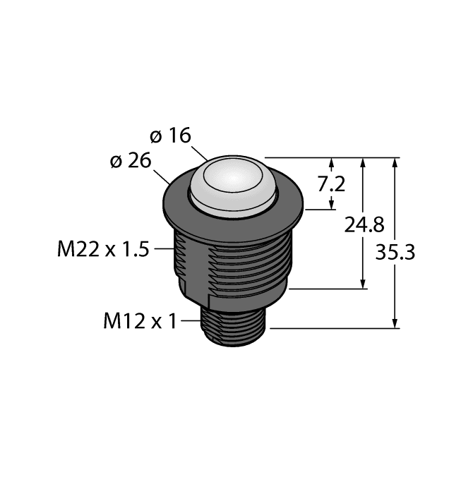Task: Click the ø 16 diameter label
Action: pyautogui.click(x=171, y=135)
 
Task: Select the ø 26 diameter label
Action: pyautogui.click(x=131, y=161)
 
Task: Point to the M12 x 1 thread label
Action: pyautogui.click(x=139, y=321)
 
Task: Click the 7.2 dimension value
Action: pyautogui.click(x=331, y=184)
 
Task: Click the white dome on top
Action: pyautogui.click(x=233, y=183)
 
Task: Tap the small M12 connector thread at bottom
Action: pyautogui.click(x=234, y=327)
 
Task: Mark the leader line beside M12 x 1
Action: pyautogui.click(x=191, y=321)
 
